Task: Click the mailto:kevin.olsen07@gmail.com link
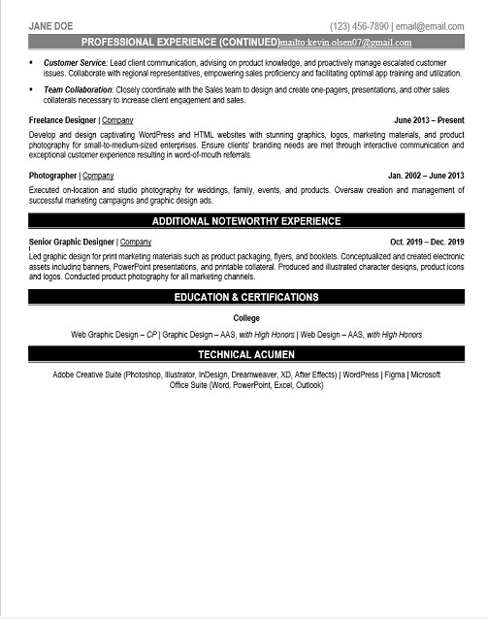coord(345,43)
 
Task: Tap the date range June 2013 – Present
coord(429,120)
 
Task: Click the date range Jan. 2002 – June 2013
coord(426,176)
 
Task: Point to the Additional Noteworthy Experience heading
coord(246,220)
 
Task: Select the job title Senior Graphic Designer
coord(72,241)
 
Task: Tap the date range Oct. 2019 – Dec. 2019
coord(427,241)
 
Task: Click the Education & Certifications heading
coord(246,297)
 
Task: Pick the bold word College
coord(246,318)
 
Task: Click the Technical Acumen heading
coord(246,355)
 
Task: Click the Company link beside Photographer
coord(98,176)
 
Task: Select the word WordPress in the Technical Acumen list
coord(361,374)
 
